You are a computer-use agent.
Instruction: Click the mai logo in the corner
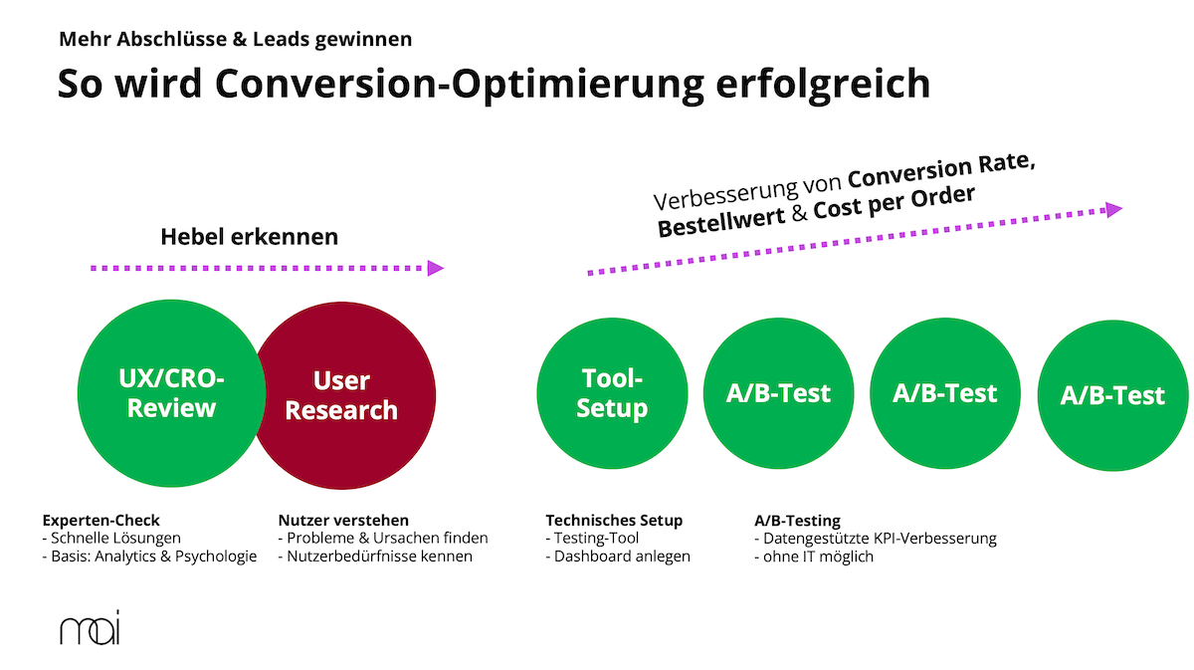tap(89, 630)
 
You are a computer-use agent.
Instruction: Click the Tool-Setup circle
tap(611, 393)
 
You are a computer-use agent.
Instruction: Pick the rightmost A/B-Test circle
tap(1111, 395)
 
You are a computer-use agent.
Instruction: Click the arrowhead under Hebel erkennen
tap(435, 268)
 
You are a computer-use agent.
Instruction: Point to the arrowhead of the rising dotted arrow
tap(1113, 209)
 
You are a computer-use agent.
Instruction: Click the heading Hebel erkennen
tap(249, 237)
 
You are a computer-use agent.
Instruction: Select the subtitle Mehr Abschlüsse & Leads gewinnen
tap(235, 40)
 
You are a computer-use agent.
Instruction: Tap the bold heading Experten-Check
tap(100, 520)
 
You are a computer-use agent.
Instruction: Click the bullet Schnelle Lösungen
tap(111, 538)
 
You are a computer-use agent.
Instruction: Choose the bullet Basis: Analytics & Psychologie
tap(149, 556)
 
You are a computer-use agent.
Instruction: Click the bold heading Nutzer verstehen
tap(343, 520)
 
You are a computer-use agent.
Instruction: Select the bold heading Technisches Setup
tap(614, 520)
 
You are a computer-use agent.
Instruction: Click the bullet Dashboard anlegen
tap(618, 556)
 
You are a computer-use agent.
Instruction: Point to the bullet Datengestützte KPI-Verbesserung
tap(876, 538)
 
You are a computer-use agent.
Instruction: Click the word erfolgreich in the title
tap(823, 84)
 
